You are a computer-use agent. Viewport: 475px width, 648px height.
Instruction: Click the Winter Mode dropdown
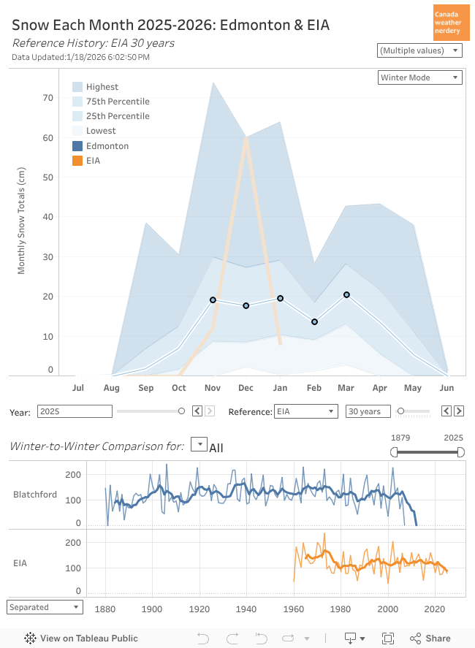[x=420, y=77]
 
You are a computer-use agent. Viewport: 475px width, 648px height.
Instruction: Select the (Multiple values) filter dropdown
[x=419, y=50]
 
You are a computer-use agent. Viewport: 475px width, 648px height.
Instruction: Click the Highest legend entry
[x=102, y=87]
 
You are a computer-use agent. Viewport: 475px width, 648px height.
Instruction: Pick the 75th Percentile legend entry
[x=117, y=102]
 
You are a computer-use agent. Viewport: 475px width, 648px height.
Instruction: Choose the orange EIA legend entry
[x=93, y=161]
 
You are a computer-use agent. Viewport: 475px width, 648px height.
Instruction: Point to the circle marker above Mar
[x=346, y=294]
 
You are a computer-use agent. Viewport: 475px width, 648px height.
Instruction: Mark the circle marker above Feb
[x=314, y=321]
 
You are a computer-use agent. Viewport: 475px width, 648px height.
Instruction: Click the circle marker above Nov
[x=213, y=300]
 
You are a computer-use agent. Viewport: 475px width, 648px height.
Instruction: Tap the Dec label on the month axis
[x=246, y=387]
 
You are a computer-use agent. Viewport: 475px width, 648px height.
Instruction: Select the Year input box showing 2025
[x=75, y=411]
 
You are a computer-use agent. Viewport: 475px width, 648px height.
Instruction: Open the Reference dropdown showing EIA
[x=305, y=411]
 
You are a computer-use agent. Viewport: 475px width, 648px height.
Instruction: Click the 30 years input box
[x=368, y=411]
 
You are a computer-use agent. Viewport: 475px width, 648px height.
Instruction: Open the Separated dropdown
[x=45, y=607]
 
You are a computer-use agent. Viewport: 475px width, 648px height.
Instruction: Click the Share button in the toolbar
[x=430, y=638]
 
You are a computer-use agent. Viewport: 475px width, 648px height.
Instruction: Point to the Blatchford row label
[x=35, y=495]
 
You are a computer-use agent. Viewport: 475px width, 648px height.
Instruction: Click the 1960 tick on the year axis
[x=294, y=608]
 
